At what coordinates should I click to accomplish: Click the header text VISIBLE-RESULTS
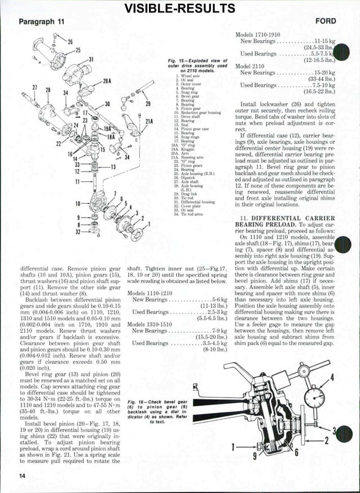click(179, 8)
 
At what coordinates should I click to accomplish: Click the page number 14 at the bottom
click(22, 476)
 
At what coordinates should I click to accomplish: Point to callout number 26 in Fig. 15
click(71, 41)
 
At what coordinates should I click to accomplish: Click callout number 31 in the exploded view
click(91, 60)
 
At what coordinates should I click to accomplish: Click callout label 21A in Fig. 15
click(150, 121)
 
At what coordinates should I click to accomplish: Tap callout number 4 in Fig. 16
click(348, 378)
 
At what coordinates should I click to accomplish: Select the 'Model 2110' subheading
click(251, 65)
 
